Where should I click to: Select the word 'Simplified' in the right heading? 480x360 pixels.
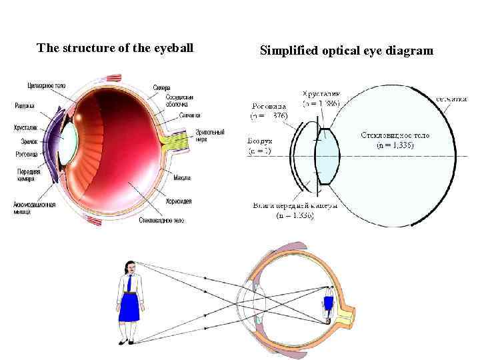click(x=286, y=51)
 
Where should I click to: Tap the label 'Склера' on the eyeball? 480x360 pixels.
click(x=161, y=88)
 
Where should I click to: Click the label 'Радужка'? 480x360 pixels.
click(x=25, y=105)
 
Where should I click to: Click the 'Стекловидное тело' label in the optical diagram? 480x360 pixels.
click(x=395, y=135)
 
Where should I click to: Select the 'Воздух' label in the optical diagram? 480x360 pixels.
click(x=259, y=142)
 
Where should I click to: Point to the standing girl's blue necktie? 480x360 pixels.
click(x=129, y=283)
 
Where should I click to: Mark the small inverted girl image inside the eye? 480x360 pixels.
click(x=327, y=303)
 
